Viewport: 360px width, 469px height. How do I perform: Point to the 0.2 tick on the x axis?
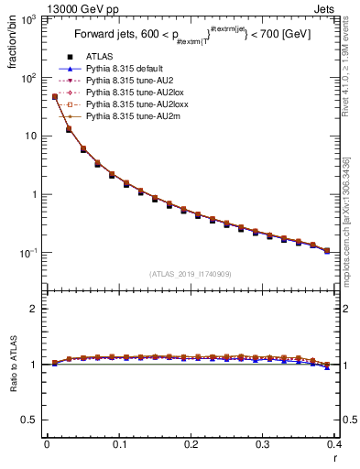(x=191, y=444)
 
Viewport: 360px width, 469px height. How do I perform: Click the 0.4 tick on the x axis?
(x=334, y=444)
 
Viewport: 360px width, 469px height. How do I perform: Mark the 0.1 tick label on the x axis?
(x=118, y=444)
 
